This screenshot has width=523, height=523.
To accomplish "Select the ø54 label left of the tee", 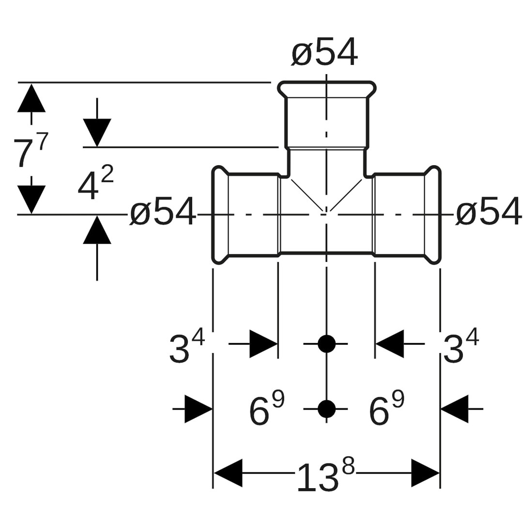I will click(x=163, y=212).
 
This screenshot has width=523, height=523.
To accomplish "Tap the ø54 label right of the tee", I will click(x=489, y=212).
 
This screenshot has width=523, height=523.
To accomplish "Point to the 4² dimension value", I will click(x=95, y=184).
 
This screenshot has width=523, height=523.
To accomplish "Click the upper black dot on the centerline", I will click(x=326, y=344).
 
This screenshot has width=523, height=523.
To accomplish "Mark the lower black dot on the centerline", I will click(x=326, y=409).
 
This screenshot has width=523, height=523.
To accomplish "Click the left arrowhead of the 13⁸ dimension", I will click(x=228, y=473).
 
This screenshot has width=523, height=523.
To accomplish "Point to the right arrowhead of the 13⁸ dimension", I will click(x=425, y=473).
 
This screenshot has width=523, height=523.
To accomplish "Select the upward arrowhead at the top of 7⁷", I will click(x=31, y=98).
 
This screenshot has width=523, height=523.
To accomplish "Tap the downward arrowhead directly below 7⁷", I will click(x=31, y=199).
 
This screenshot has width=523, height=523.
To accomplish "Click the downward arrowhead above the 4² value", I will click(x=97, y=132).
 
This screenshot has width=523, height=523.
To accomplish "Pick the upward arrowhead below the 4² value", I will click(x=97, y=230).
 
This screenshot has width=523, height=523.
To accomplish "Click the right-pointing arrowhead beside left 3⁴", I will click(x=263, y=344).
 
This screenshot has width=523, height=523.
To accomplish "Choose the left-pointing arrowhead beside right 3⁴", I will click(x=390, y=344).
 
